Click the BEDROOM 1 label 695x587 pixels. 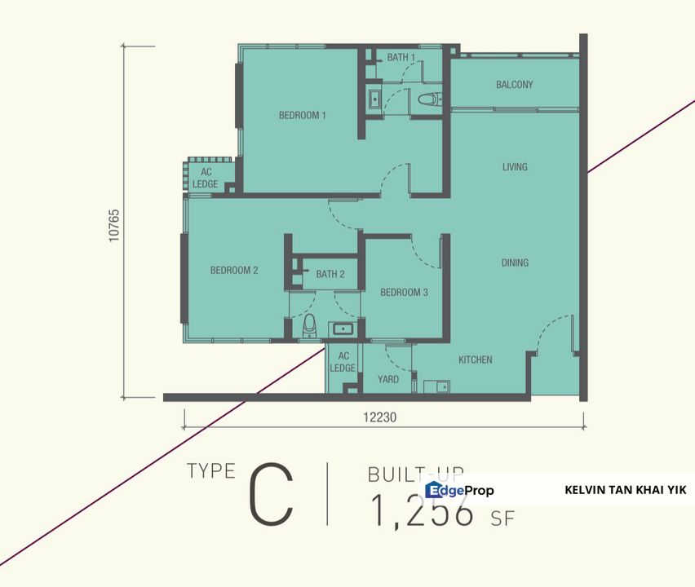coord(302,116)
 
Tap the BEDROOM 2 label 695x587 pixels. coord(234,271)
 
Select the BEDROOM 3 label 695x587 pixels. coord(404,293)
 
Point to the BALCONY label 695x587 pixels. coord(514,85)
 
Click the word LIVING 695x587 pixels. coord(515,167)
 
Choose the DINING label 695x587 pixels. coord(515,263)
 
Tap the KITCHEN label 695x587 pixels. coord(475,360)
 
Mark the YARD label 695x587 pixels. coord(388,379)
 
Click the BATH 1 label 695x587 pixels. coord(401,58)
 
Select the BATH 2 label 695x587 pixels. coord(330,275)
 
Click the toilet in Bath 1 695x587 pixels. coord(428,99)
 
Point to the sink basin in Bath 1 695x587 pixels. coord(374,99)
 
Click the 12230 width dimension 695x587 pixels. coord(379,417)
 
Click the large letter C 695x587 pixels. coord(271,494)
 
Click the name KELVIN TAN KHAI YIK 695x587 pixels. coord(625,490)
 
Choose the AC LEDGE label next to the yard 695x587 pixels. coord(343,362)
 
